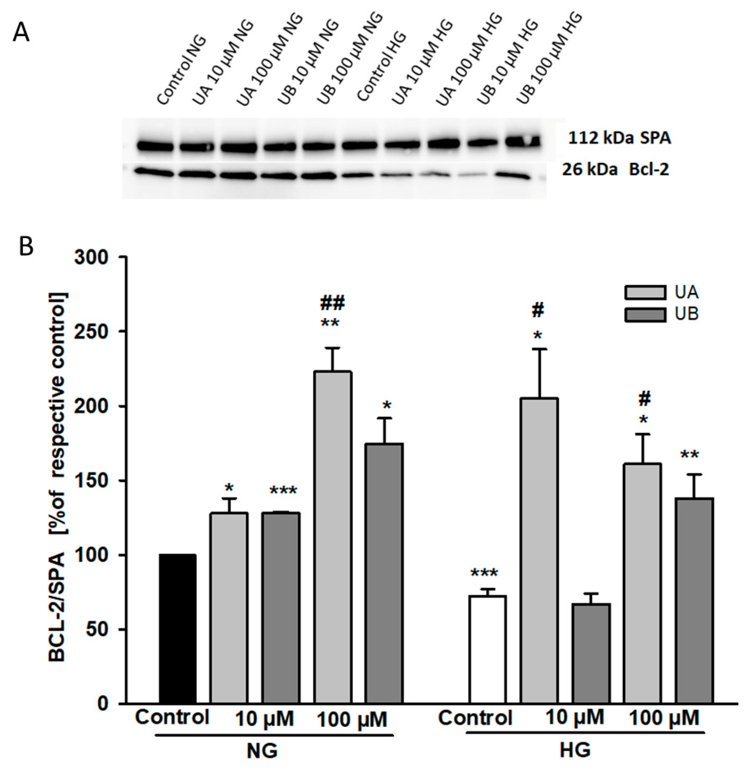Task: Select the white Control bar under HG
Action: point(487,649)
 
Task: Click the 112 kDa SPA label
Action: point(619,139)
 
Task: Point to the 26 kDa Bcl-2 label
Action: point(615,170)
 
